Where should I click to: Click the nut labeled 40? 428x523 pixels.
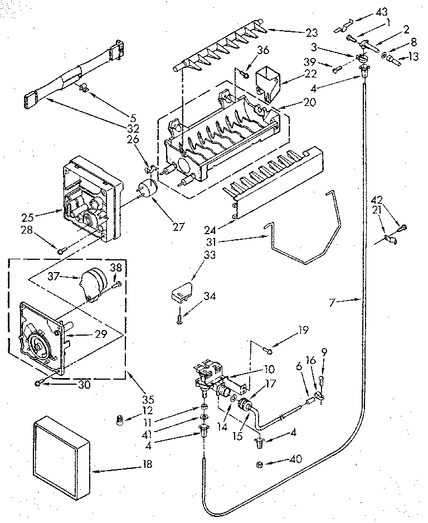(260, 464)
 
